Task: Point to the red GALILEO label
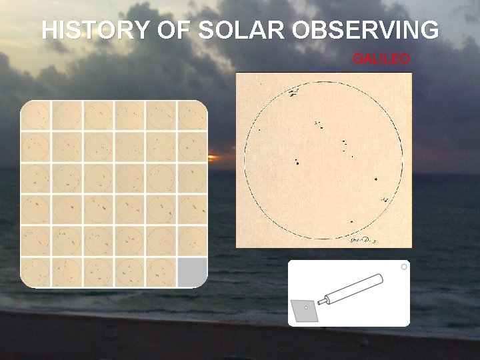[381, 59]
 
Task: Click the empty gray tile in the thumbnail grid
[192, 272]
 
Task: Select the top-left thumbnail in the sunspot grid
[35, 115]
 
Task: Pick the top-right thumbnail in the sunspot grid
[192, 115]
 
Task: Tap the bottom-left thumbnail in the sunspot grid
[35, 272]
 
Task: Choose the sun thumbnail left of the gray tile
[161, 272]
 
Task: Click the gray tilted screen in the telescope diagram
[307, 309]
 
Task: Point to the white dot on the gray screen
[306, 308]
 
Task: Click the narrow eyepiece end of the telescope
[323, 301]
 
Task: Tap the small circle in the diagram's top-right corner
[403, 267]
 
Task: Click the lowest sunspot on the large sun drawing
[351, 222]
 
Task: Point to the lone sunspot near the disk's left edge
[259, 129]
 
